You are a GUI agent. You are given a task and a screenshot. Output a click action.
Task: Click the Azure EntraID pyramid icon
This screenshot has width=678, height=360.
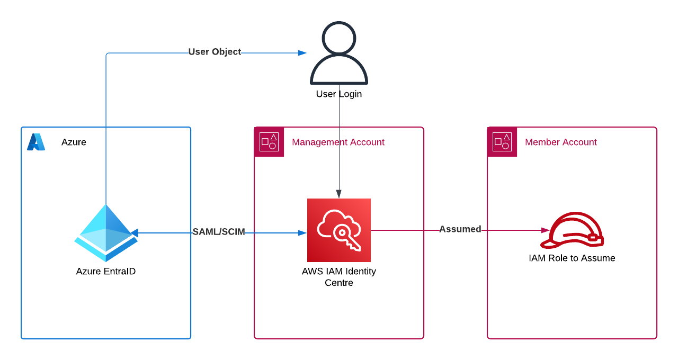[106, 233]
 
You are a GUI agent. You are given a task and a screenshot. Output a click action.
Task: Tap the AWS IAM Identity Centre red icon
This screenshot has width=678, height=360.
[339, 230]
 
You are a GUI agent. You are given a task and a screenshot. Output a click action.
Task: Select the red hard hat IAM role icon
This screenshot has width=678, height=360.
[572, 231]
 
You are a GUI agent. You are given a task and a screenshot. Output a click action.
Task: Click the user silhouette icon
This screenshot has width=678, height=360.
[339, 53]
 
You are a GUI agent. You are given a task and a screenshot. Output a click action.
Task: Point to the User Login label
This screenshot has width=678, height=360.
[339, 94]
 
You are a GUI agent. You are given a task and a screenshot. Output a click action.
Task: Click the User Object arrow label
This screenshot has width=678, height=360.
[215, 52]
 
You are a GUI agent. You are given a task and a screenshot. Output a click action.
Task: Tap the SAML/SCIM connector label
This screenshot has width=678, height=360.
[219, 232]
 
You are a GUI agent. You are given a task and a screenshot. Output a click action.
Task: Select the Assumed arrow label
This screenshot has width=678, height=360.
[460, 229]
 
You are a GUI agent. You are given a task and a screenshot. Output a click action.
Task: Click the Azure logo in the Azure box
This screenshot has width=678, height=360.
[36, 142]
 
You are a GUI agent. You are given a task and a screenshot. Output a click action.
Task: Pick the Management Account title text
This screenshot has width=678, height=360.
[338, 142]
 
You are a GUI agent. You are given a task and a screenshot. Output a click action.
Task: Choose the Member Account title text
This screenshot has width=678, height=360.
[560, 142]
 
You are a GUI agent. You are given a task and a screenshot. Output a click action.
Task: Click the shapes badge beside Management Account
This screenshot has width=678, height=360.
[269, 142]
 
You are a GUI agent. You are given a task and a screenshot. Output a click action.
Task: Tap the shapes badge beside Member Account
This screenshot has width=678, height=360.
[502, 142]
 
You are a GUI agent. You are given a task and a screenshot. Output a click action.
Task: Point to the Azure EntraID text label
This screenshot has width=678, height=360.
[106, 272]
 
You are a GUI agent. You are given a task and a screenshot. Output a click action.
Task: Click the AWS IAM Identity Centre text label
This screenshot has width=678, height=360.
[339, 277]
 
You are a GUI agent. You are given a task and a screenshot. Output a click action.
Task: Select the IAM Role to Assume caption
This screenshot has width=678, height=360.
[572, 258]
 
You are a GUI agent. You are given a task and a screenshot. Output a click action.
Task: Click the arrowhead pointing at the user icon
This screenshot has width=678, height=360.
[302, 53]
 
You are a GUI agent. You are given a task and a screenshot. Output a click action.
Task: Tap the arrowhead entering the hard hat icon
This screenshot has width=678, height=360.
[545, 230]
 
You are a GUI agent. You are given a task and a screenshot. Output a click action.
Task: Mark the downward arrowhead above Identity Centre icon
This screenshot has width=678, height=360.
[339, 194]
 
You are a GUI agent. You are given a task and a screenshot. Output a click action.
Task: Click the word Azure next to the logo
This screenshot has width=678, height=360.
[74, 142]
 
